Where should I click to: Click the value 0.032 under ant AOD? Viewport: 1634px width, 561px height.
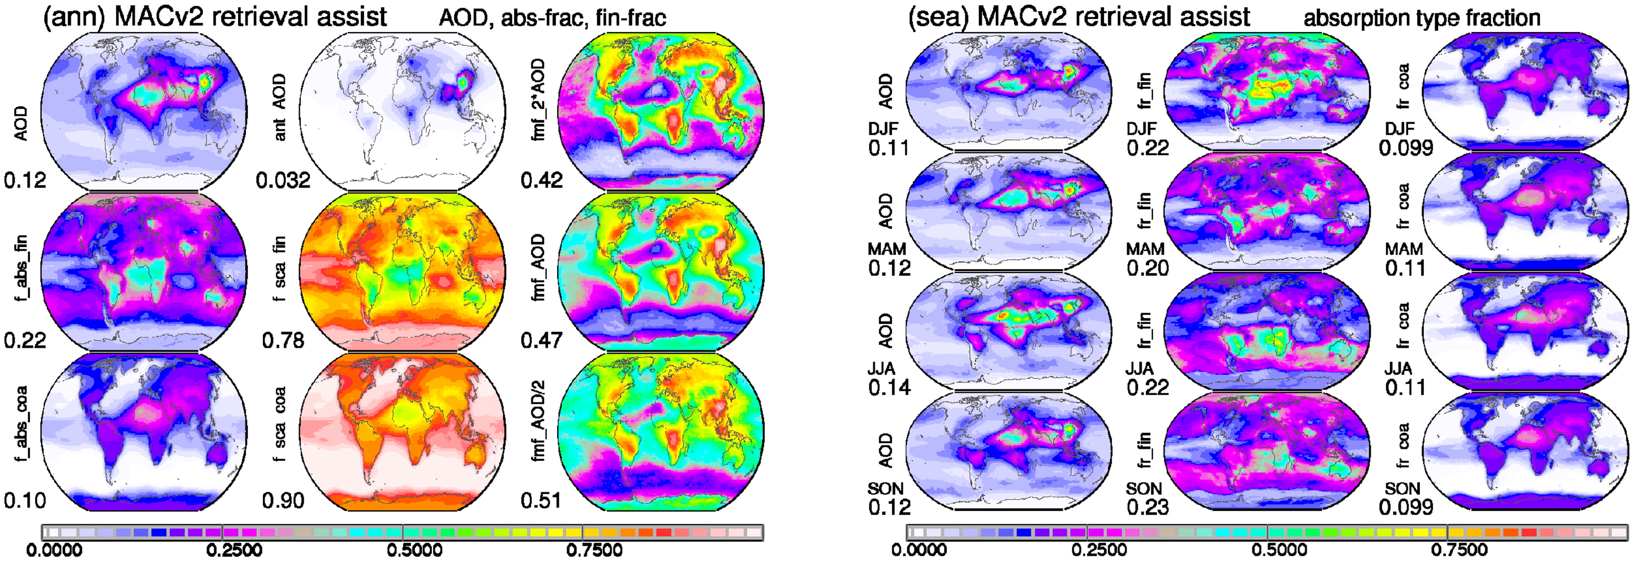tap(283, 181)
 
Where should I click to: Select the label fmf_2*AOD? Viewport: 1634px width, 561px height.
tap(537, 100)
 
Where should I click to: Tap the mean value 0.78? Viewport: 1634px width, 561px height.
tap(283, 341)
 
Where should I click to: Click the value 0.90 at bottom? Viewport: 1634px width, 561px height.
tap(283, 501)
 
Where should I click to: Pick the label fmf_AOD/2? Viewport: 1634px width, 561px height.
tap(537, 421)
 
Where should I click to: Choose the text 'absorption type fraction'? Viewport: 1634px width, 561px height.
tap(1422, 18)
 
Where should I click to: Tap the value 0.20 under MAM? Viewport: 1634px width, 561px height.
tap(1148, 268)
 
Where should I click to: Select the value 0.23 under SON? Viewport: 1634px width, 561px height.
tap(1148, 507)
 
